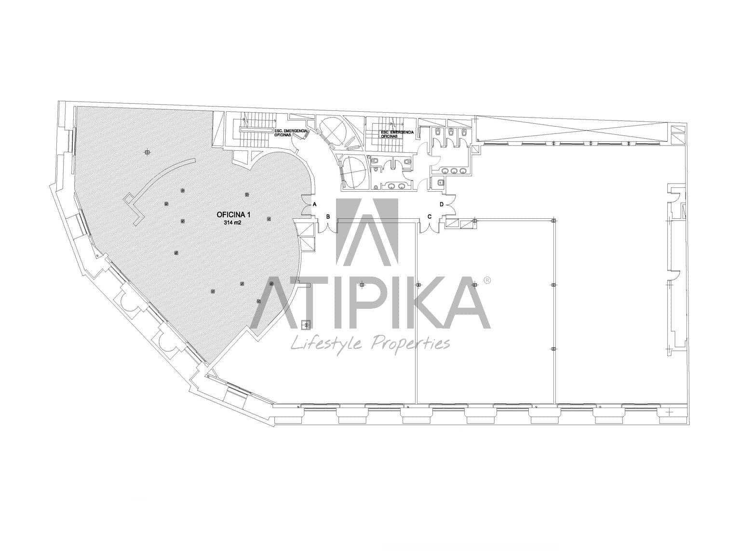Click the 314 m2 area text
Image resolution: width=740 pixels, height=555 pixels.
232,223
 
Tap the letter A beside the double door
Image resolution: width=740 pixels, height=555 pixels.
315,204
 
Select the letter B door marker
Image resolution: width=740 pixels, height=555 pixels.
328,216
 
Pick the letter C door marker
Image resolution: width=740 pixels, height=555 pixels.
430,216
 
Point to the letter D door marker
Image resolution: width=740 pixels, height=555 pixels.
442,204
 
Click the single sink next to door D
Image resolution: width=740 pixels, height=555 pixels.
439,182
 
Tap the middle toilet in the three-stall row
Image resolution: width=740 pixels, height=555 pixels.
450,131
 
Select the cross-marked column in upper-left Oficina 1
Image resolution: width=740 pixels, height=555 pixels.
147,153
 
